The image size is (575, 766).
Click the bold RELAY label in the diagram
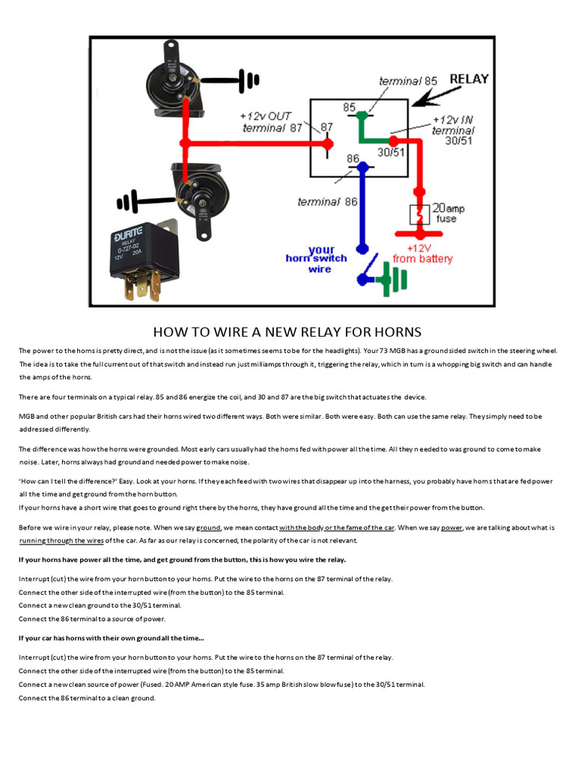[x=468, y=79]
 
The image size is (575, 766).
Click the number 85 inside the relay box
[x=350, y=108]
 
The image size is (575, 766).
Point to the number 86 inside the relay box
[x=353, y=159]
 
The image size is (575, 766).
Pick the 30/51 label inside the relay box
[x=390, y=152]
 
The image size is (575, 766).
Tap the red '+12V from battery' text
[x=423, y=254]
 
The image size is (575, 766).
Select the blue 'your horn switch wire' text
[x=317, y=258]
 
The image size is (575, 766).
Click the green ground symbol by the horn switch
[x=393, y=278]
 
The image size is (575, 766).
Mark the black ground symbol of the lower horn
[x=127, y=202]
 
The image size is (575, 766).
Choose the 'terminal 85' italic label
[x=408, y=81]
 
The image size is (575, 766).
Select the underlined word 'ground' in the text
[x=207, y=527]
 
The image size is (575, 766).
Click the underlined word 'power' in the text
[x=451, y=527]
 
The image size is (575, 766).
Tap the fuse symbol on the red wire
[x=418, y=215]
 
